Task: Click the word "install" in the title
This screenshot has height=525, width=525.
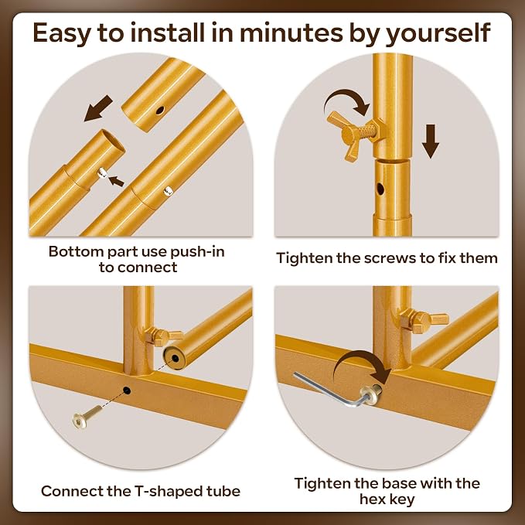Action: point(167,32)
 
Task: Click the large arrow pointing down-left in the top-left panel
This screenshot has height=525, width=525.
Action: point(98,108)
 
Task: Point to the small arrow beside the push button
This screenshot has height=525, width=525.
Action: point(116,181)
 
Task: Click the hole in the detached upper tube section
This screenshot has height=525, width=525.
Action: point(160,110)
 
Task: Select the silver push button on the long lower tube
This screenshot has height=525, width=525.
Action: point(168,191)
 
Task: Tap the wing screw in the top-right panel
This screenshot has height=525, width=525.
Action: point(355,135)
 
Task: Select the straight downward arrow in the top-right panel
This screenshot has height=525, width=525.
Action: point(430,141)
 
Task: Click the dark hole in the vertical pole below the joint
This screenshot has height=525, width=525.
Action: point(380,189)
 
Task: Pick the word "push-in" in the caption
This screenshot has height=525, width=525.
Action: point(197,252)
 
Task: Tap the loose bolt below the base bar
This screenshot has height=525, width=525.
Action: point(86,416)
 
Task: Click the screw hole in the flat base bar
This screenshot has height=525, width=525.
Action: point(127,390)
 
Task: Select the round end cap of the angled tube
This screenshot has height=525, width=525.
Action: point(175,359)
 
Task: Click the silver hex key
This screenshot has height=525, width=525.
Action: point(331,390)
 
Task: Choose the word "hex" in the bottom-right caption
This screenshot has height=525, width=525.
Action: point(373,499)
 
